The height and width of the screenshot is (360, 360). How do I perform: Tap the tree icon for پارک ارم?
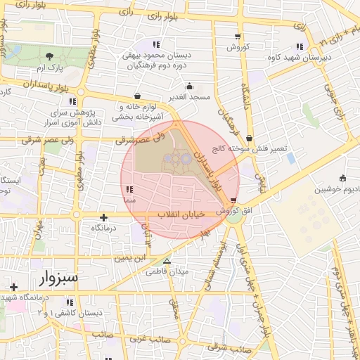coord(49,56)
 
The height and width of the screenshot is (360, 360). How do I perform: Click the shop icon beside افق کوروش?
coord(233,200)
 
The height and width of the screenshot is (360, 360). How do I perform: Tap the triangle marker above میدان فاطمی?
coord(167,261)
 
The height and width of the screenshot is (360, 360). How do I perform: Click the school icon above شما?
coord(129,190)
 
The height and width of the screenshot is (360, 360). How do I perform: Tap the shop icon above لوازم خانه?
coord(136,96)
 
